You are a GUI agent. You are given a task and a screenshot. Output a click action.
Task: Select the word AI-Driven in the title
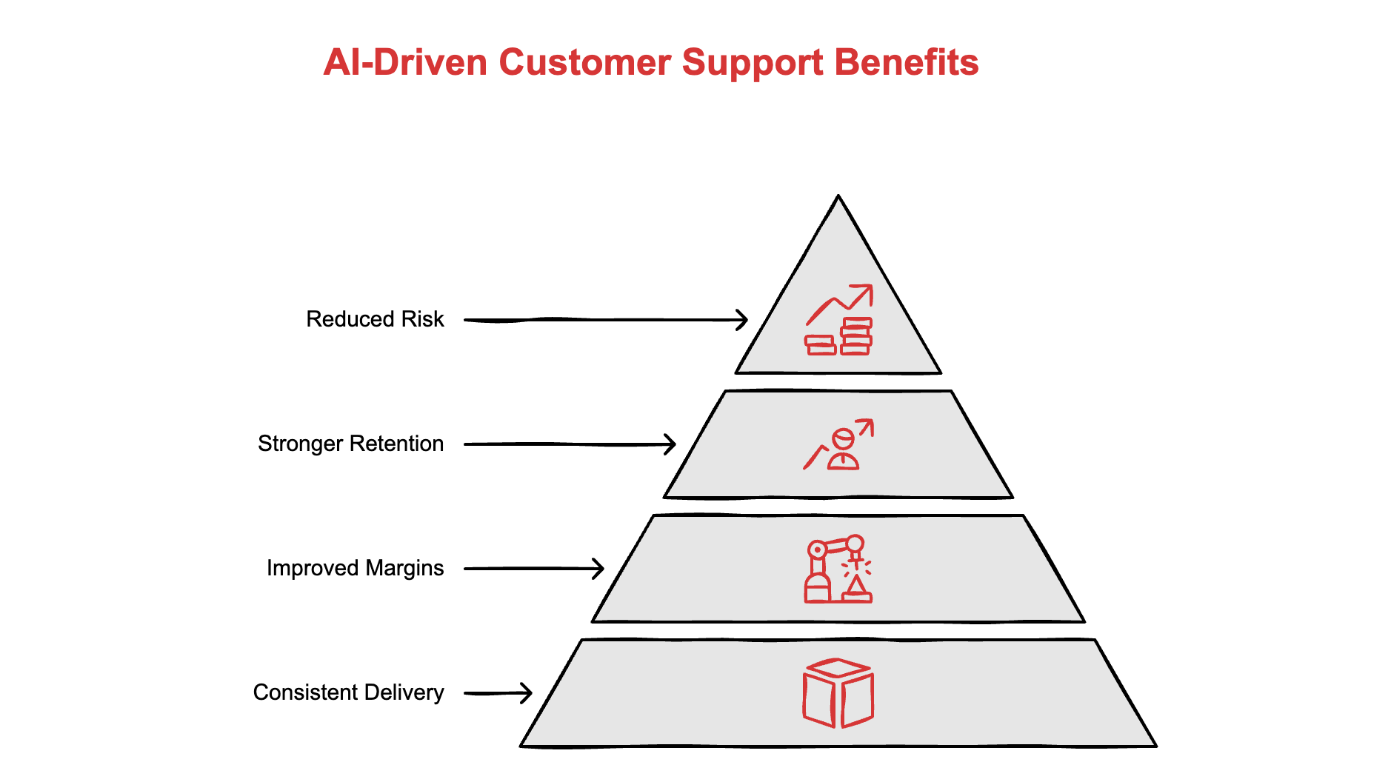pyautogui.click(x=405, y=62)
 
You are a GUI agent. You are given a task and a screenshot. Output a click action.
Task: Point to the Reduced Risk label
pyautogui.click(x=375, y=319)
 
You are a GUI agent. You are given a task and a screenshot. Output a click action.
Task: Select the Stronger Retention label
pyautogui.click(x=350, y=444)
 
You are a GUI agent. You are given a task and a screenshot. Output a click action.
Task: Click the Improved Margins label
pyautogui.click(x=355, y=568)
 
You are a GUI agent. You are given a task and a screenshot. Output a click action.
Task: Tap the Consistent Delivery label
pyautogui.click(x=348, y=692)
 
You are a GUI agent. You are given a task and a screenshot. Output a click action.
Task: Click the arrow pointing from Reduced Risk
pyautogui.click(x=605, y=320)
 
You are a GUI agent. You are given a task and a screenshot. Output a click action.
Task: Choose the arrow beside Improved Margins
pyautogui.click(x=533, y=569)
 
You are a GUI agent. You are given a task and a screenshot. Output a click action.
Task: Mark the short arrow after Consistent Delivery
pyautogui.click(x=498, y=693)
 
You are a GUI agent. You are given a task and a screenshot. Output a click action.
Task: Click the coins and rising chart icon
pyautogui.click(x=838, y=320)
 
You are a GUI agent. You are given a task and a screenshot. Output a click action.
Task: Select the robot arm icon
pyautogui.click(x=838, y=569)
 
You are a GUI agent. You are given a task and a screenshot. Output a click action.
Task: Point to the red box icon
pyautogui.click(x=838, y=693)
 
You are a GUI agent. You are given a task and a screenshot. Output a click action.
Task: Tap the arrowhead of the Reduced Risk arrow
pyautogui.click(x=742, y=320)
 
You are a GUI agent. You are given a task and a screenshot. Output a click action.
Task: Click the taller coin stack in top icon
pyautogui.click(x=855, y=337)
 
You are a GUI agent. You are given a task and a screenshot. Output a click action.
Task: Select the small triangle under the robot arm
pyautogui.click(x=855, y=586)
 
